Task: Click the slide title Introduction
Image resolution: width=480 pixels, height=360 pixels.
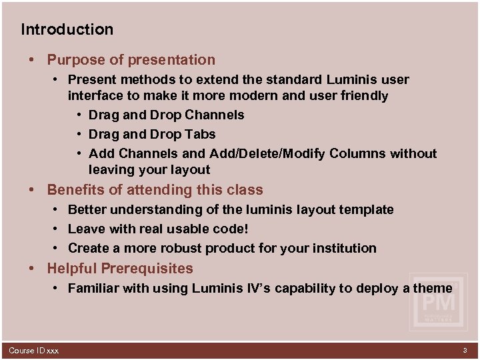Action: click(67, 29)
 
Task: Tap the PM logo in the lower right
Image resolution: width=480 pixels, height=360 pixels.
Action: click(438, 301)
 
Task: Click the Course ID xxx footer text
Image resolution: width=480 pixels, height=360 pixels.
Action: click(33, 351)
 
